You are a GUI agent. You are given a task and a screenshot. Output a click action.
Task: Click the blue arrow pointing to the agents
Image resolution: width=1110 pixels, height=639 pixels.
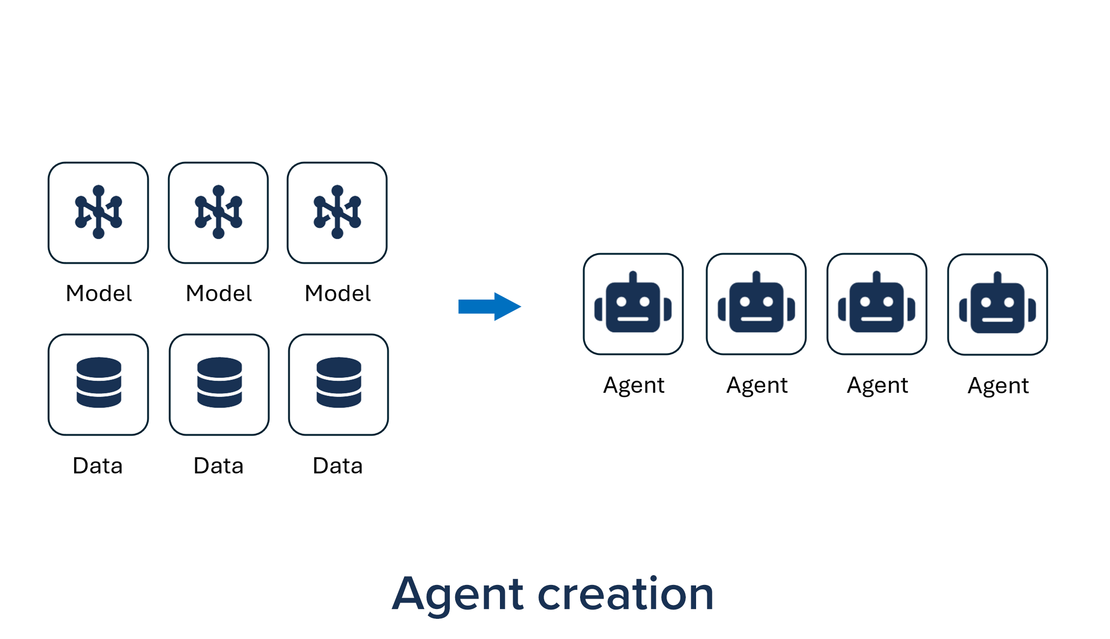click(489, 306)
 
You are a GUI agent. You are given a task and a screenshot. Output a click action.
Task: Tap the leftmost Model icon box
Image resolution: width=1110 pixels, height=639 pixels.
click(98, 212)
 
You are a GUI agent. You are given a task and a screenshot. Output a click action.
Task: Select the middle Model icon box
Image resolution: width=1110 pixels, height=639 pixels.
click(218, 212)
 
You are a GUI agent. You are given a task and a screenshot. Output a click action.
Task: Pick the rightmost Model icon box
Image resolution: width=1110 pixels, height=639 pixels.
click(337, 212)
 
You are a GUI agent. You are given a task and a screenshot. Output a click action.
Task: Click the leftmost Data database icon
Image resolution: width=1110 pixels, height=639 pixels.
click(99, 382)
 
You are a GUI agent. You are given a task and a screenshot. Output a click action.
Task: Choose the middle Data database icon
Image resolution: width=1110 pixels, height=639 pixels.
click(219, 382)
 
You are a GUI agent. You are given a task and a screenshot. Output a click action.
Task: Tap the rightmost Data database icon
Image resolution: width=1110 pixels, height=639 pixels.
click(339, 382)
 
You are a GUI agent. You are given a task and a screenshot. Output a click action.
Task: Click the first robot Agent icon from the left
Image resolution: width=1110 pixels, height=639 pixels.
click(633, 304)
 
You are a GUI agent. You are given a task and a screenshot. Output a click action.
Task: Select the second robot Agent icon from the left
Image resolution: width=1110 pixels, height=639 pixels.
click(756, 304)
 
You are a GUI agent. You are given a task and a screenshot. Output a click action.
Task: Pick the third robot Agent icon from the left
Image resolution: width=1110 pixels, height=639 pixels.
click(876, 304)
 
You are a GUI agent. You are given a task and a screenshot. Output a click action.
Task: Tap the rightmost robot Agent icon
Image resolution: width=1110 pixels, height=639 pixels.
click(997, 304)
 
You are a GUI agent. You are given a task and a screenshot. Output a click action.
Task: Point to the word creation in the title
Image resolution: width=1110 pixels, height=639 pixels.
click(625, 595)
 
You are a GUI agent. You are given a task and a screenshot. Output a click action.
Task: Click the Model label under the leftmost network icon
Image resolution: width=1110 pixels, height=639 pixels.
click(99, 293)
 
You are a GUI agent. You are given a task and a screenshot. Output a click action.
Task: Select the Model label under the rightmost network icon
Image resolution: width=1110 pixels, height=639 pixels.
click(338, 293)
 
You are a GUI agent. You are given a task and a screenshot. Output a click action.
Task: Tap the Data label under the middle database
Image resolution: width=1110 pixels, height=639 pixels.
click(219, 465)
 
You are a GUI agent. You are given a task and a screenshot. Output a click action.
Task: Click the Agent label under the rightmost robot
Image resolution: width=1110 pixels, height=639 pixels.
click(998, 385)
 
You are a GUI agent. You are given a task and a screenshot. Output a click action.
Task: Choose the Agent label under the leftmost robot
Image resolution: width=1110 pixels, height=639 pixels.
click(634, 385)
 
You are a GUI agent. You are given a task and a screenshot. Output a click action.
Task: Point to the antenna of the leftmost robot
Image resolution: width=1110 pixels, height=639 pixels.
click(633, 276)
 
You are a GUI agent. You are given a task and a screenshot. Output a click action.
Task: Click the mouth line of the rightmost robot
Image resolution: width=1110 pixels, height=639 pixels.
click(997, 320)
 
